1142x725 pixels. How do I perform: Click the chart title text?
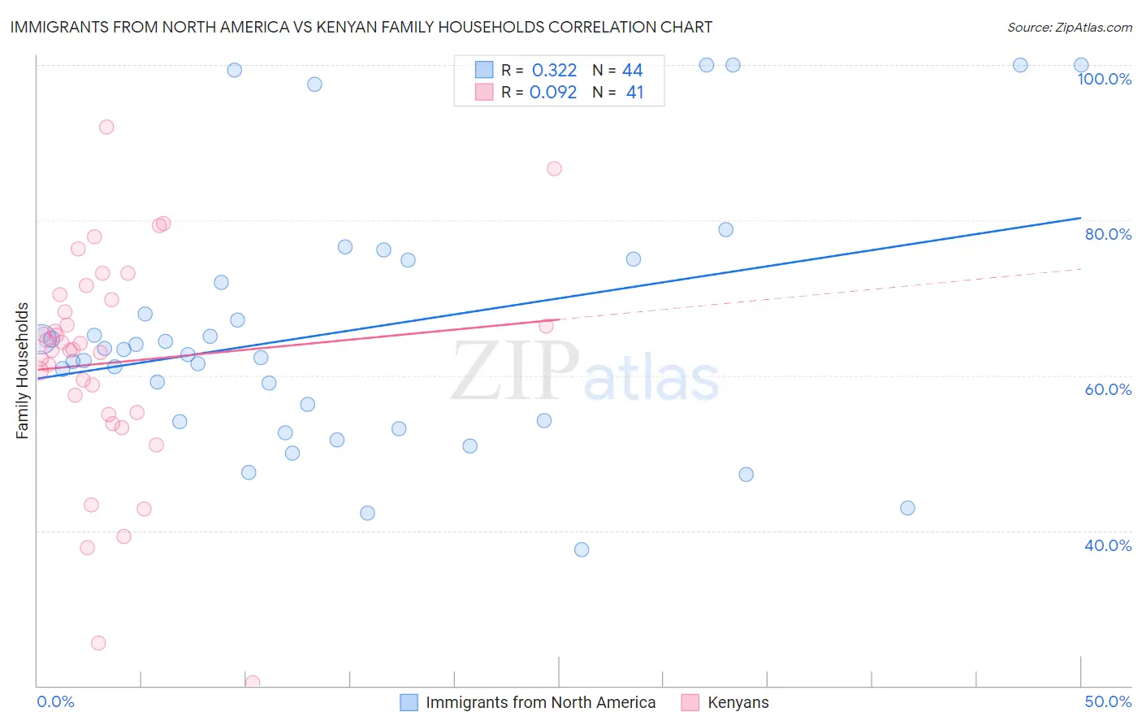[361, 27]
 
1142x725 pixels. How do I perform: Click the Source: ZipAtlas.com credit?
[1069, 27]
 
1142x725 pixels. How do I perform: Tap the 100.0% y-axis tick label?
[1104, 79]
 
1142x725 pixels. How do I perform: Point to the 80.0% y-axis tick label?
[1107, 234]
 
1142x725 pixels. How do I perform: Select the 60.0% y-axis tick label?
[1107, 389]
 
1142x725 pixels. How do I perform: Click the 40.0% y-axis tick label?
[1107, 545]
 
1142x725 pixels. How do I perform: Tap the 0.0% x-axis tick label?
[55, 701]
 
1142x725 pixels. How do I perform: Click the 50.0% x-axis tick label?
[1107, 701]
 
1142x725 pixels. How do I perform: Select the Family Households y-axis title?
[23, 371]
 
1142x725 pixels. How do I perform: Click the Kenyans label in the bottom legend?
[738, 702]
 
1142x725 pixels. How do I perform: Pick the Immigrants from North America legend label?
[540, 702]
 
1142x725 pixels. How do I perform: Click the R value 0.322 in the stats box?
[554, 71]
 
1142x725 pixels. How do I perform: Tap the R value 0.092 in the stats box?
[553, 92]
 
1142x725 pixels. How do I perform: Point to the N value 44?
[632, 71]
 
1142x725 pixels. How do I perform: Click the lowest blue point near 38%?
[582, 549]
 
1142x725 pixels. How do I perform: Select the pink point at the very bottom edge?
[253, 683]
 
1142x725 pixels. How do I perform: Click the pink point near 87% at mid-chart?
[554, 169]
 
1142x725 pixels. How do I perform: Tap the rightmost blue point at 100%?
[1081, 65]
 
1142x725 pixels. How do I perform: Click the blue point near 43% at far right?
[907, 508]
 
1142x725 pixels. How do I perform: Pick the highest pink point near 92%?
[106, 127]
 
